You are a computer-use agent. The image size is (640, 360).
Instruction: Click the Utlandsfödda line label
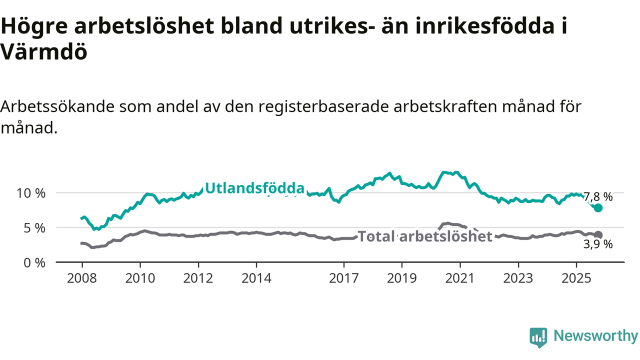pos(254,188)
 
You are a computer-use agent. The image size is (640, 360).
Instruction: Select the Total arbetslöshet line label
pos(425,236)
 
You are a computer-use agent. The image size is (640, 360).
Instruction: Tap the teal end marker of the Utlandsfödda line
pos(598,207)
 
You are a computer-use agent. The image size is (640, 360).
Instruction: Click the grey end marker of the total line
pos(598,234)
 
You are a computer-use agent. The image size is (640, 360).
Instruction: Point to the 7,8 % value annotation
pos(598,196)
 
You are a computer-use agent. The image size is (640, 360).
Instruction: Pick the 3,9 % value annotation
pos(598,244)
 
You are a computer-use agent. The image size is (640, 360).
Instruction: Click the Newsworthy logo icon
pos(538,337)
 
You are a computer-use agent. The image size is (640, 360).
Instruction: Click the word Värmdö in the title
pos(44,52)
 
